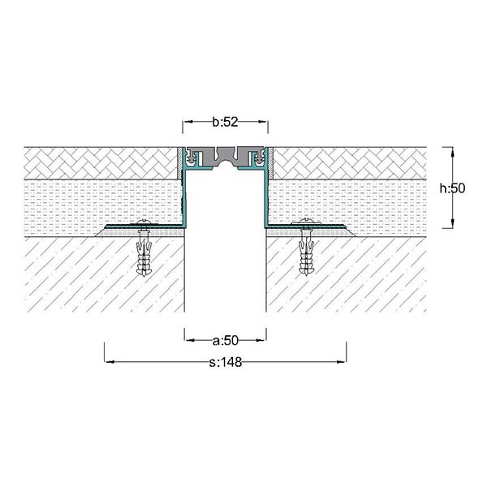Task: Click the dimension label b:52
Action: point(225,122)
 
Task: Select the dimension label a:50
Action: point(226,341)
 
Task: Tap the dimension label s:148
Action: point(226,362)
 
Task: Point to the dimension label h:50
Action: point(452,188)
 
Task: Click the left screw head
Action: point(144,222)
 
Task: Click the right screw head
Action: point(306,222)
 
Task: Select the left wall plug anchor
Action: point(144,252)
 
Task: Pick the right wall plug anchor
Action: point(306,252)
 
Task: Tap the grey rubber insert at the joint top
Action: point(226,157)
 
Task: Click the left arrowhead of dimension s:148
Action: point(110,361)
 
